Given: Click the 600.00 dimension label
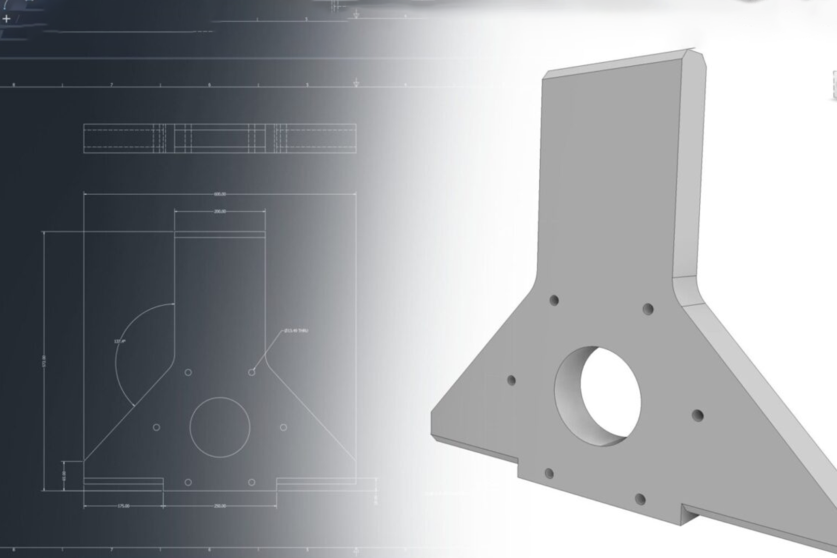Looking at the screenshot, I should pyautogui.click(x=220, y=194).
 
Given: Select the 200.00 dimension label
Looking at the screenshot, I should pyautogui.click(x=220, y=212).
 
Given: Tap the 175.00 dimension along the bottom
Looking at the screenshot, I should pyautogui.click(x=123, y=506).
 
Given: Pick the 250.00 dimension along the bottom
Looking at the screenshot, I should pyautogui.click(x=220, y=506).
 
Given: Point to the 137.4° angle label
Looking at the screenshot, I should pyautogui.click(x=119, y=342).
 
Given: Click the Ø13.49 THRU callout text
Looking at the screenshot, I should pyautogui.click(x=296, y=331).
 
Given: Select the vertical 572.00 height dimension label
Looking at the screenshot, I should pyautogui.click(x=44, y=361).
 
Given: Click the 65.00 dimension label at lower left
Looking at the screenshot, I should pyautogui.click(x=64, y=475).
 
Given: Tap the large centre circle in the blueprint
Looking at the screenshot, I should pyautogui.click(x=220, y=427).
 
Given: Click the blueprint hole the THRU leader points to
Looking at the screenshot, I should pyautogui.click(x=251, y=372).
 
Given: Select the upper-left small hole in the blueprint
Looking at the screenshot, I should pyautogui.click(x=188, y=372).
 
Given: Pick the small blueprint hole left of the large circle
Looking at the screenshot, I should pyautogui.click(x=156, y=428).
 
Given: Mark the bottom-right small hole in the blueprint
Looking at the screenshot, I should pyautogui.click(x=251, y=482).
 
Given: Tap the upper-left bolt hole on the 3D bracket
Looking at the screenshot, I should pyautogui.click(x=554, y=300).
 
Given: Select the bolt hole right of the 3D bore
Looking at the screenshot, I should pyautogui.click(x=697, y=415).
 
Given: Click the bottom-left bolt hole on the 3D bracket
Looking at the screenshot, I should pyautogui.click(x=549, y=473).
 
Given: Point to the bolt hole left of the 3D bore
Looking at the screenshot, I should pyautogui.click(x=511, y=380).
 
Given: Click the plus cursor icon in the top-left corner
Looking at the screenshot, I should pyautogui.click(x=6, y=19).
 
